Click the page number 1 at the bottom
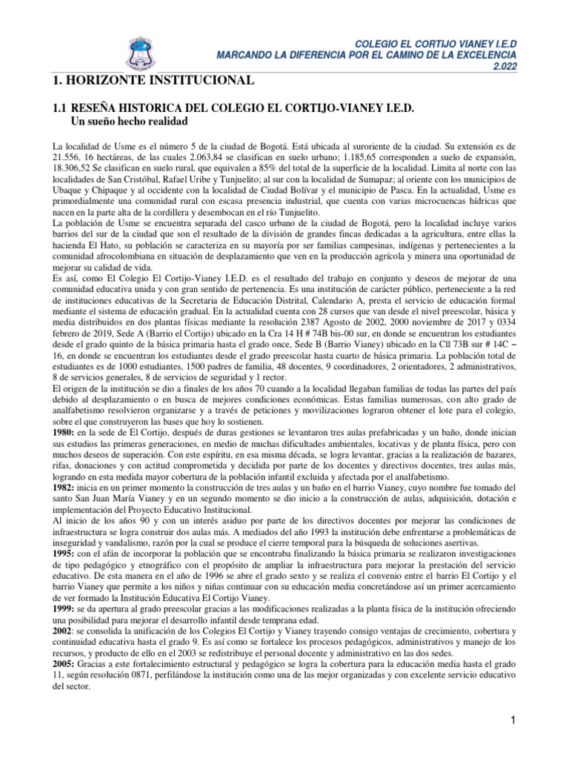pos(511,720)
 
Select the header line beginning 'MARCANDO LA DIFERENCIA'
pos(365,56)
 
